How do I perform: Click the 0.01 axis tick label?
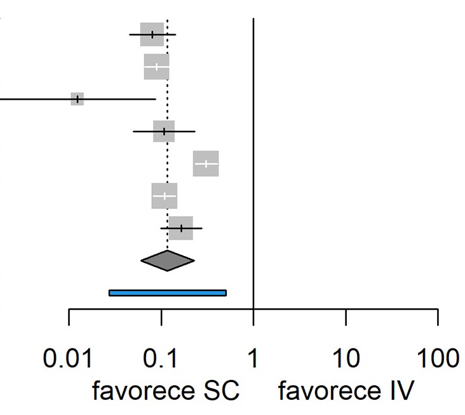pos(67,358)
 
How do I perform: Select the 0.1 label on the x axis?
pos(160,358)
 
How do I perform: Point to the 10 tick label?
pos(346,358)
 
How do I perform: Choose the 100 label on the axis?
pos(438,358)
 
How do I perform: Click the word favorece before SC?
pos(144,390)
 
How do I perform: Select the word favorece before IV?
pos(330,390)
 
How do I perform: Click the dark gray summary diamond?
pos(168,261)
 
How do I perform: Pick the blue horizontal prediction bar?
pos(168,293)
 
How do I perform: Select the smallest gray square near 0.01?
pos(77,99)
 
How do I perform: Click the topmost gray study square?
pos(152,34)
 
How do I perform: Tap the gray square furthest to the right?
pos(206,163)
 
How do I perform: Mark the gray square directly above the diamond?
pos(181,228)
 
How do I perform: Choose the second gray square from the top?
pos(156,67)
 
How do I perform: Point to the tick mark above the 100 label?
pos(438,317)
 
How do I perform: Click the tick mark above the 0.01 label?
pos(69,317)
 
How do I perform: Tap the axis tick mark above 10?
pos(346,317)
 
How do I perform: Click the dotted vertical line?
pos(168,134)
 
